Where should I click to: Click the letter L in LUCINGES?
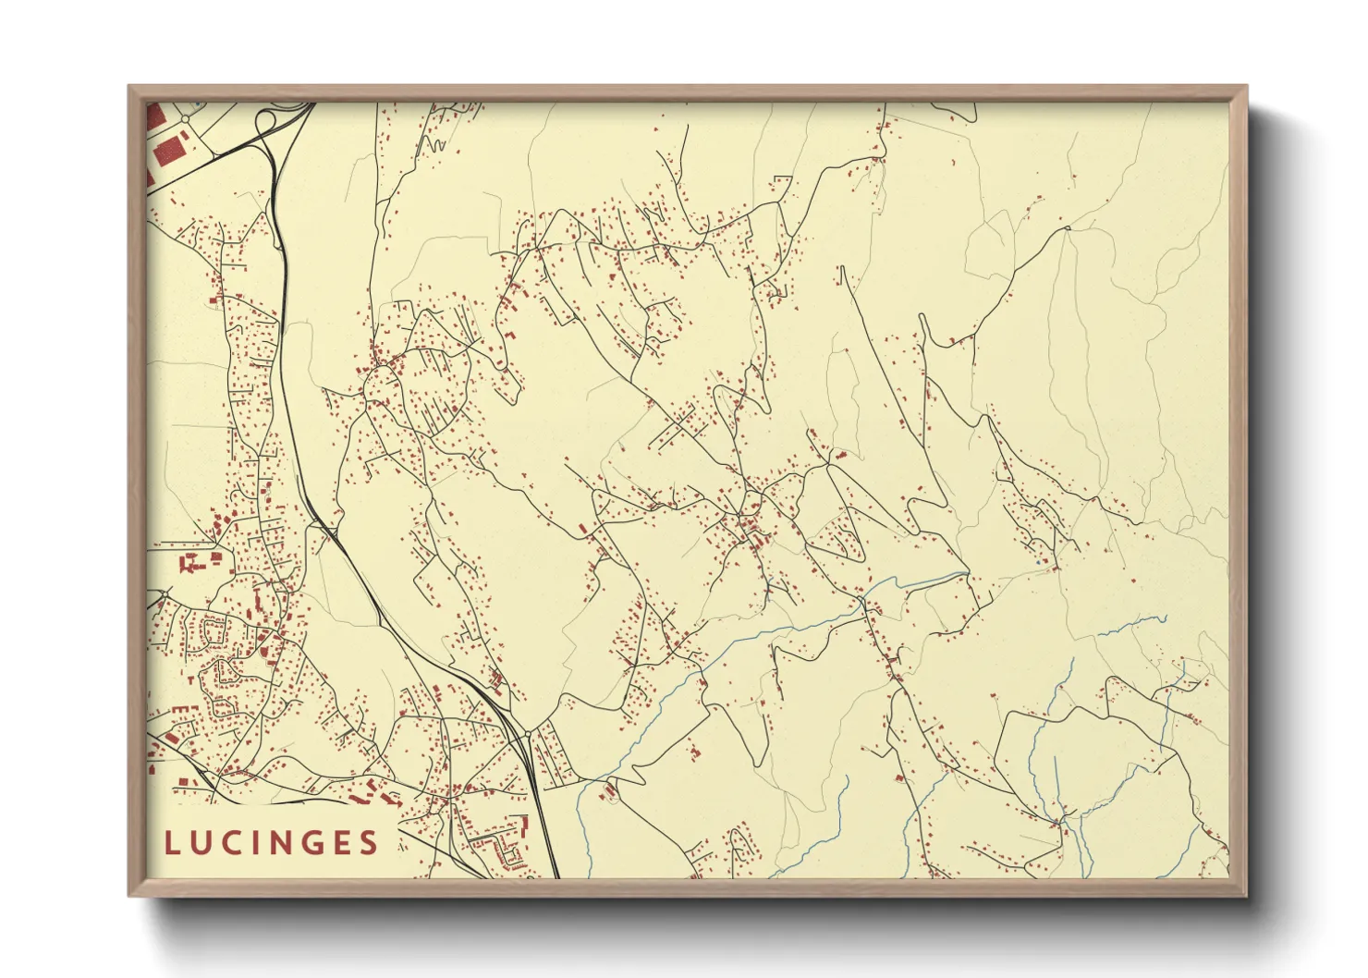[x=172, y=843]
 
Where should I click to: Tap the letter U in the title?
[x=204, y=843]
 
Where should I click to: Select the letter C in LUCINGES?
[x=237, y=843]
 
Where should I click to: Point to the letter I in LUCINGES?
[x=262, y=843]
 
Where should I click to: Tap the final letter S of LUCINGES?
[x=372, y=843]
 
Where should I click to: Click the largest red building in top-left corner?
[x=168, y=151]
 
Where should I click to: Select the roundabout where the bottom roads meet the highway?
[x=527, y=733]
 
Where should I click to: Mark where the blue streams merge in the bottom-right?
[x=1061, y=819]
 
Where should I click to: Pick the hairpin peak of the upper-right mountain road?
[x=1067, y=228]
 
